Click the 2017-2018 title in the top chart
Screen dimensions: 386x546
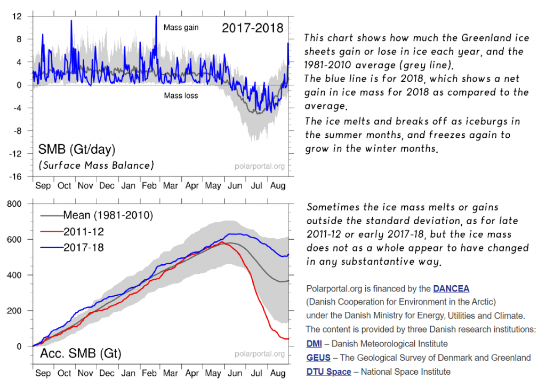(253, 28)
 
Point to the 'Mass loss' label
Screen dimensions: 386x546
(181, 96)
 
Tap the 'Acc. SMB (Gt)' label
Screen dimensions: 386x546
(81, 354)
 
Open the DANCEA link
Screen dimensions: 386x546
(451, 289)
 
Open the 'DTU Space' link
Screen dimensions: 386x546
(328, 372)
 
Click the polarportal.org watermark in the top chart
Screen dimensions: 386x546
(259, 166)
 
